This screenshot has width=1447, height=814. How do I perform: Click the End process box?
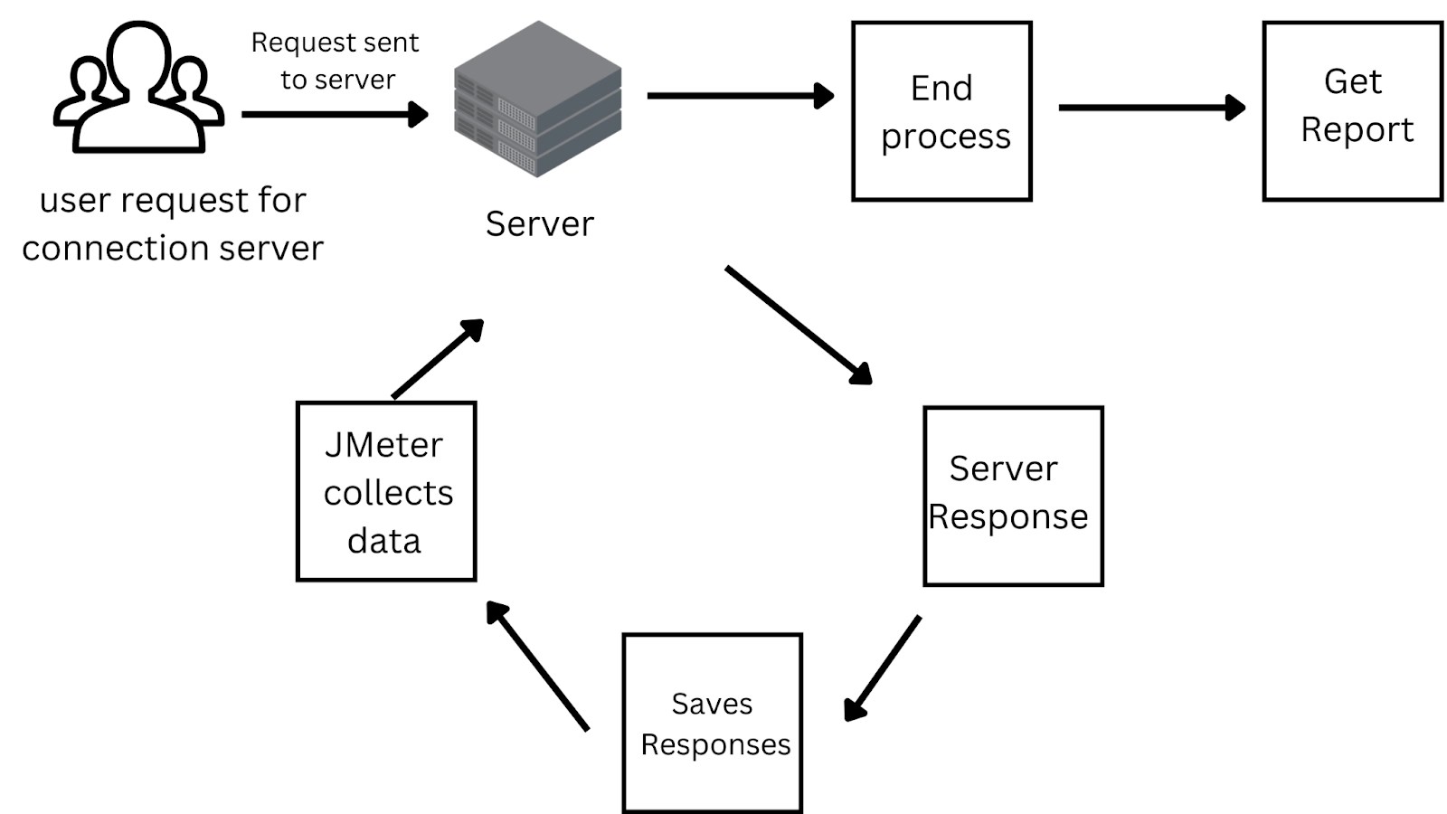coord(941,111)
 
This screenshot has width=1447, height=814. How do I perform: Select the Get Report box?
coord(1352,111)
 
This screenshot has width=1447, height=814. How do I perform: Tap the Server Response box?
coord(1013,496)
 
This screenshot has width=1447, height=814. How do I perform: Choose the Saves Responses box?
coord(712,723)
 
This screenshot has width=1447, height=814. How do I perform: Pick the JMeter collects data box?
coord(386,491)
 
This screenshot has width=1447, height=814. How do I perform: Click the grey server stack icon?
coord(537,99)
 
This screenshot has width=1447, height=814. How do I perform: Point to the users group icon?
coord(138,88)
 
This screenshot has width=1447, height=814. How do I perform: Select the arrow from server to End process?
coord(739,95)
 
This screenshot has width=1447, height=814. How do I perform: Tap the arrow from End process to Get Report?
coord(1150,107)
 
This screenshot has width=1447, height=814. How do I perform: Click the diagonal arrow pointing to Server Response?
coord(798,325)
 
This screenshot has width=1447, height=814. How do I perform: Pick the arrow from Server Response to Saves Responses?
coord(883,668)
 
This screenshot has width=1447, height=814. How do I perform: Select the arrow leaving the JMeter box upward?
coord(438,358)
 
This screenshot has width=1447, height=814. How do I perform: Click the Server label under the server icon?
coord(539,224)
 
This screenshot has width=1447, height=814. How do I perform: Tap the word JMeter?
coord(383,445)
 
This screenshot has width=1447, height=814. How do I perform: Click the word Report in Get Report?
coord(1357,129)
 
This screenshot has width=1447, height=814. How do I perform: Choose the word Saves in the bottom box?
coord(712,704)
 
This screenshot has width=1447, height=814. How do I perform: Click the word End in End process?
coord(941,89)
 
